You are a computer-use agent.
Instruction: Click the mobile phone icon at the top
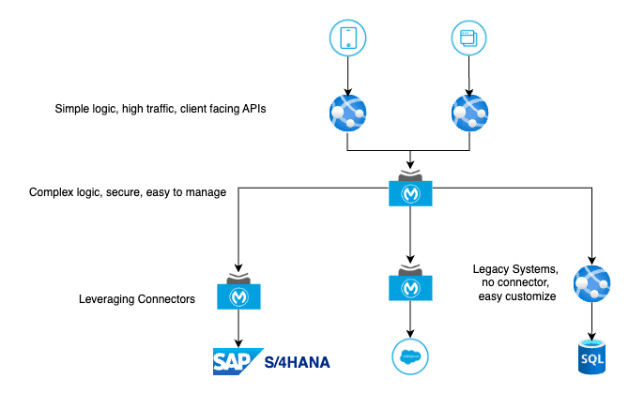(x=347, y=38)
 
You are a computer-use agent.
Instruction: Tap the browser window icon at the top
(x=469, y=38)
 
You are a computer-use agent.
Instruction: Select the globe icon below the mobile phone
(x=347, y=113)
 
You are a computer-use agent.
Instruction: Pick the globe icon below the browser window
(x=469, y=113)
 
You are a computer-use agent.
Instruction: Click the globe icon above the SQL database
(x=591, y=284)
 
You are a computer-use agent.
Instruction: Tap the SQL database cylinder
(x=591, y=356)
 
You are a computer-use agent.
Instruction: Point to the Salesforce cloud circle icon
(x=410, y=356)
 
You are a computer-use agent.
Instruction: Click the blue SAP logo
(x=237, y=361)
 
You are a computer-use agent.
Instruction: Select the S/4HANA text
(x=297, y=362)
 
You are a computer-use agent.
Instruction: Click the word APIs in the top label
(x=253, y=109)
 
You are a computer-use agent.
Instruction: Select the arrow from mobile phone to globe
(x=347, y=76)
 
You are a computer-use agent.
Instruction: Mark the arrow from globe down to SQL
(x=591, y=322)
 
